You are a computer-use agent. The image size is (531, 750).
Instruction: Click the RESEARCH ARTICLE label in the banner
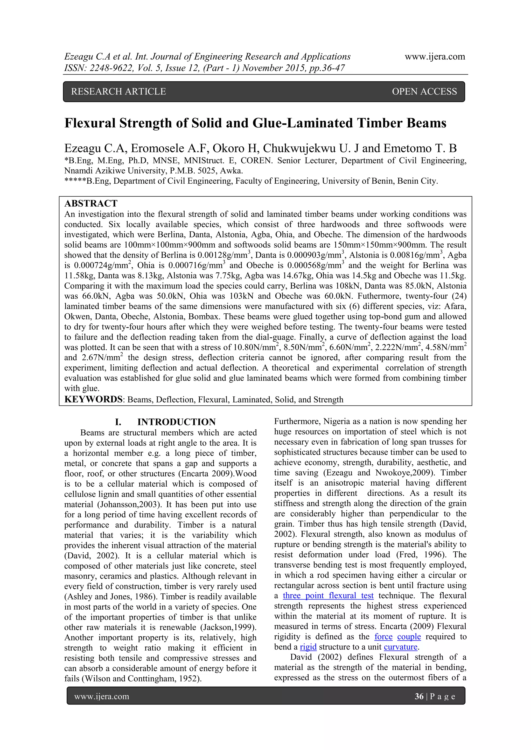click(x=119, y=91)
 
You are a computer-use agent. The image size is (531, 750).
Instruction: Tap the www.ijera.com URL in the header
click(x=435, y=56)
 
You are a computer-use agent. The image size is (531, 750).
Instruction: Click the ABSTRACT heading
click(x=91, y=204)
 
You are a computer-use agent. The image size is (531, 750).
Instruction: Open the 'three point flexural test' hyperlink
click(x=328, y=595)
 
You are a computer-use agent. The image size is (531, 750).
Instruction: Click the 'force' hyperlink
click(x=383, y=637)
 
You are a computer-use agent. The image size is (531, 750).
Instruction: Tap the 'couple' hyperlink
click(x=409, y=637)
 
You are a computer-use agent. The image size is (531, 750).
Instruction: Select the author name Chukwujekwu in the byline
click(x=299, y=148)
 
